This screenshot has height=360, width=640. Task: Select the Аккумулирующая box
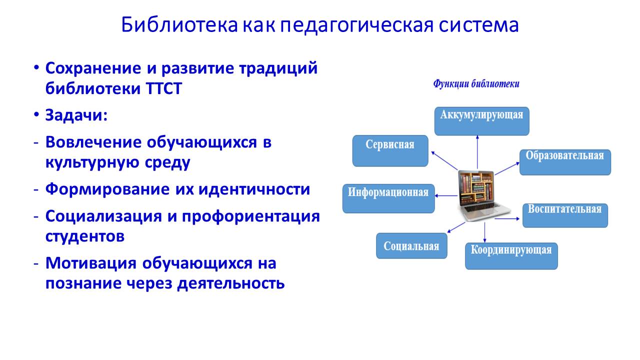click(481, 121)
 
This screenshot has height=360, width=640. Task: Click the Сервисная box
click(390, 150)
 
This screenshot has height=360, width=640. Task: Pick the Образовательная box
click(565, 162)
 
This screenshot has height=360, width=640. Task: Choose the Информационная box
click(388, 198)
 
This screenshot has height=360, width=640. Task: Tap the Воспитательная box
click(565, 215)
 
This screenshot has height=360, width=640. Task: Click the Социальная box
click(411, 246)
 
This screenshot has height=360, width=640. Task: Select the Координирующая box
click(511, 256)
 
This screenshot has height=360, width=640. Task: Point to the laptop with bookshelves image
click(476, 195)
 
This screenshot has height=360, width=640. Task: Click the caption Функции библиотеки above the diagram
click(476, 84)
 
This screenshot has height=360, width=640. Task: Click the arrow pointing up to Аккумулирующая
click(477, 152)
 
